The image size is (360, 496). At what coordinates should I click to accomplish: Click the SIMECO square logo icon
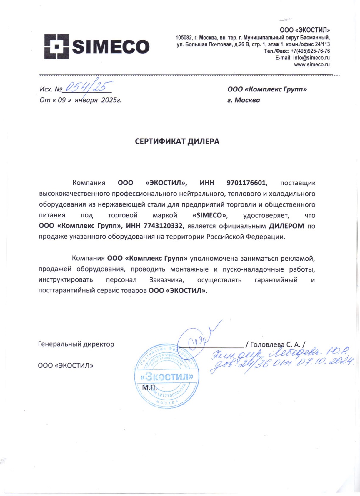(x=57, y=46)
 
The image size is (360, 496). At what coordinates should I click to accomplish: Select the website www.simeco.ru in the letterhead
(x=312, y=65)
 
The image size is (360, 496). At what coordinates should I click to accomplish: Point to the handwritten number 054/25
(x=88, y=86)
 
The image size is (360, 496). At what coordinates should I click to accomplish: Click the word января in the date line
(x=86, y=100)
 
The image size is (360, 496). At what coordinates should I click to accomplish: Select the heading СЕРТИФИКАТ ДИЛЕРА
(x=177, y=142)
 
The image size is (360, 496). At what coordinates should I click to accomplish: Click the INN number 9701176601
(x=246, y=183)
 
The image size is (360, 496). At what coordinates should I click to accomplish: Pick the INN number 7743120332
(x=163, y=226)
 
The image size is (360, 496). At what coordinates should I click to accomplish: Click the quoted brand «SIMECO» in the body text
(x=210, y=215)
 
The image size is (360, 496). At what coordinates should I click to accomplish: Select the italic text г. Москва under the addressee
(x=244, y=100)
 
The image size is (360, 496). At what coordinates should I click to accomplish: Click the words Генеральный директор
(x=76, y=344)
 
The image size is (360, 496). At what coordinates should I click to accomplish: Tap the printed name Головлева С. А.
(x=275, y=344)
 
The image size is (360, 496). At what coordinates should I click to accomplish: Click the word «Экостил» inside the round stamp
(x=167, y=377)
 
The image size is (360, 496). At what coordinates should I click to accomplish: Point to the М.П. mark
(x=149, y=387)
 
